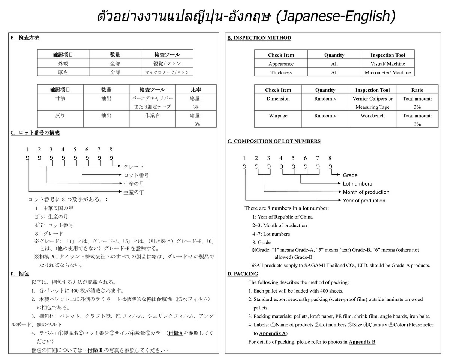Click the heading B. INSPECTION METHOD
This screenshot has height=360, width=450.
[259, 38]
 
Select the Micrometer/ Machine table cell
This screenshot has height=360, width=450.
[387, 72]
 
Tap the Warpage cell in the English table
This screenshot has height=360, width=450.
[278, 116]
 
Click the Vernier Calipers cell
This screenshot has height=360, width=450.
[372, 99]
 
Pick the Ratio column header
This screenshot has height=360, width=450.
[417, 90]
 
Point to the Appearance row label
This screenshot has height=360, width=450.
[281, 64]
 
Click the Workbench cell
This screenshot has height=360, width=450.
[372, 116]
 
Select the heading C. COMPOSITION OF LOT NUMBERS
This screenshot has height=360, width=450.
[274, 141]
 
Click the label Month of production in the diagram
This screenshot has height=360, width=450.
[366, 192]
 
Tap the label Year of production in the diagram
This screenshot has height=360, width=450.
[364, 201]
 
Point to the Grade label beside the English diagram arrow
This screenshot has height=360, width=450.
[350, 175]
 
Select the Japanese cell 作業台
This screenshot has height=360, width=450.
[152, 116]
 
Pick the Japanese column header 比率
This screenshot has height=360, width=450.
[196, 90]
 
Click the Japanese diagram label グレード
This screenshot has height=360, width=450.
[133, 167]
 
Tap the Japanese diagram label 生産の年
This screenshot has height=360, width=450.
[133, 192]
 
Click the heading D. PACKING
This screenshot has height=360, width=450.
[243, 274]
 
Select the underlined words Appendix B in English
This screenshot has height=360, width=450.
[362, 342]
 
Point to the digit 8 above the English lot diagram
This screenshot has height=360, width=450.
[330, 158]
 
